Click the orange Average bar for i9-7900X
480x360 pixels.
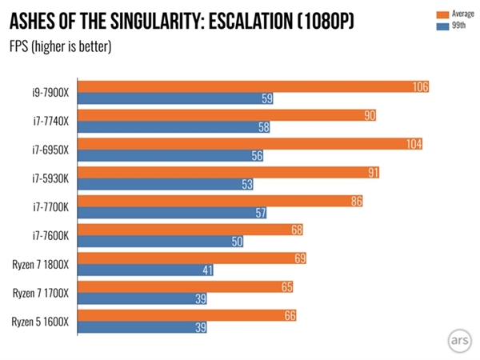[256, 87]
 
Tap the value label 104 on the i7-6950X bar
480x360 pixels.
[414, 144]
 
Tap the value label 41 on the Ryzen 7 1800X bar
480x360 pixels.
[207, 270]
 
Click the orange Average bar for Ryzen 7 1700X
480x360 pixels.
[188, 286]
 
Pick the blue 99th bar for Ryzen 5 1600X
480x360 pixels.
[144, 327]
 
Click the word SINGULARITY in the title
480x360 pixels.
[160, 18]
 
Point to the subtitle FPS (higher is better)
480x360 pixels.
[60, 45]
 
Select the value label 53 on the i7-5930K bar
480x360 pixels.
[247, 184]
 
